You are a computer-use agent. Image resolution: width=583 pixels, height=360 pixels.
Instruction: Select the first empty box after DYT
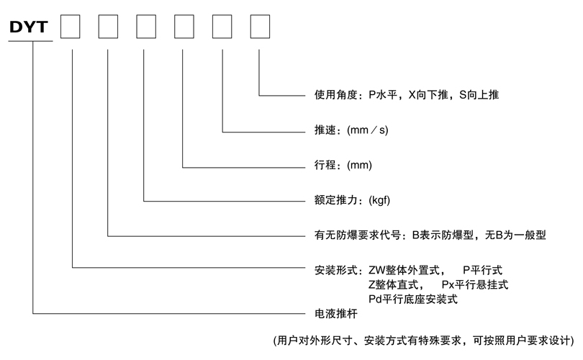point(70,27)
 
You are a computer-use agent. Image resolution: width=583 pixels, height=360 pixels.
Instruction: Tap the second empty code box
point(108,27)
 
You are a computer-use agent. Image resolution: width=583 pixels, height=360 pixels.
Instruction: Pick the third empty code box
point(146,27)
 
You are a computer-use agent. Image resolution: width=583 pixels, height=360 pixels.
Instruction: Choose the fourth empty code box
point(184,27)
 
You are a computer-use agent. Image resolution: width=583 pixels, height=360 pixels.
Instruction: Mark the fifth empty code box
point(222,27)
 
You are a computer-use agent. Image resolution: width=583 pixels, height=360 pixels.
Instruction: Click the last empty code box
point(260,27)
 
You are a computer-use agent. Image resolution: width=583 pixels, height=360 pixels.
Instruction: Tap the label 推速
point(325,131)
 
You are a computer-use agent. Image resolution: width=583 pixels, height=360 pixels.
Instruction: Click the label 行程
point(325,166)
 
